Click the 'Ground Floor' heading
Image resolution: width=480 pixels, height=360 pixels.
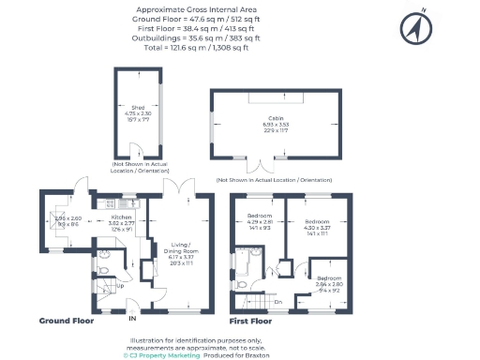click(x=66, y=320)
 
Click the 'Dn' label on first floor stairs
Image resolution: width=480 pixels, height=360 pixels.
click(x=277, y=301)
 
